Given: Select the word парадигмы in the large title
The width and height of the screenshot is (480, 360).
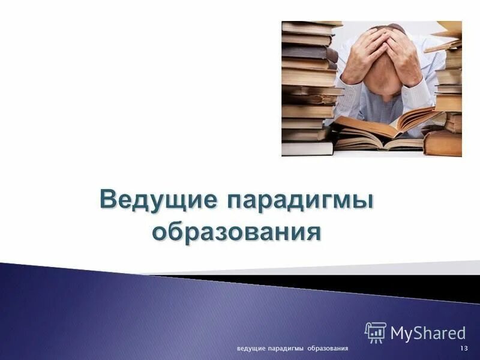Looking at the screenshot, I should click(x=299, y=198).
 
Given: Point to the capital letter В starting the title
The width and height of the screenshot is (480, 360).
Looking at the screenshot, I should click(x=109, y=198).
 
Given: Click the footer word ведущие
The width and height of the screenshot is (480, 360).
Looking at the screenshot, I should click(x=252, y=349).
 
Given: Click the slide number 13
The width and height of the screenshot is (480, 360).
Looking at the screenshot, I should click(x=464, y=349).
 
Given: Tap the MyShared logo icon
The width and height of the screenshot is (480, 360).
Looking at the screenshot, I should click(x=375, y=332).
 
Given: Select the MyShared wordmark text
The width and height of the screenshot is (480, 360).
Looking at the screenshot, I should click(x=428, y=333).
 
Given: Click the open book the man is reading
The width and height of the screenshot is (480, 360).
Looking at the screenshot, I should click(x=384, y=129).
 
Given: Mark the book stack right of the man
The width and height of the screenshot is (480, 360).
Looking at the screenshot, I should click(x=447, y=96).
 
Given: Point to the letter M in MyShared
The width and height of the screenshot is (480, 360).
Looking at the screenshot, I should click(x=397, y=333).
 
